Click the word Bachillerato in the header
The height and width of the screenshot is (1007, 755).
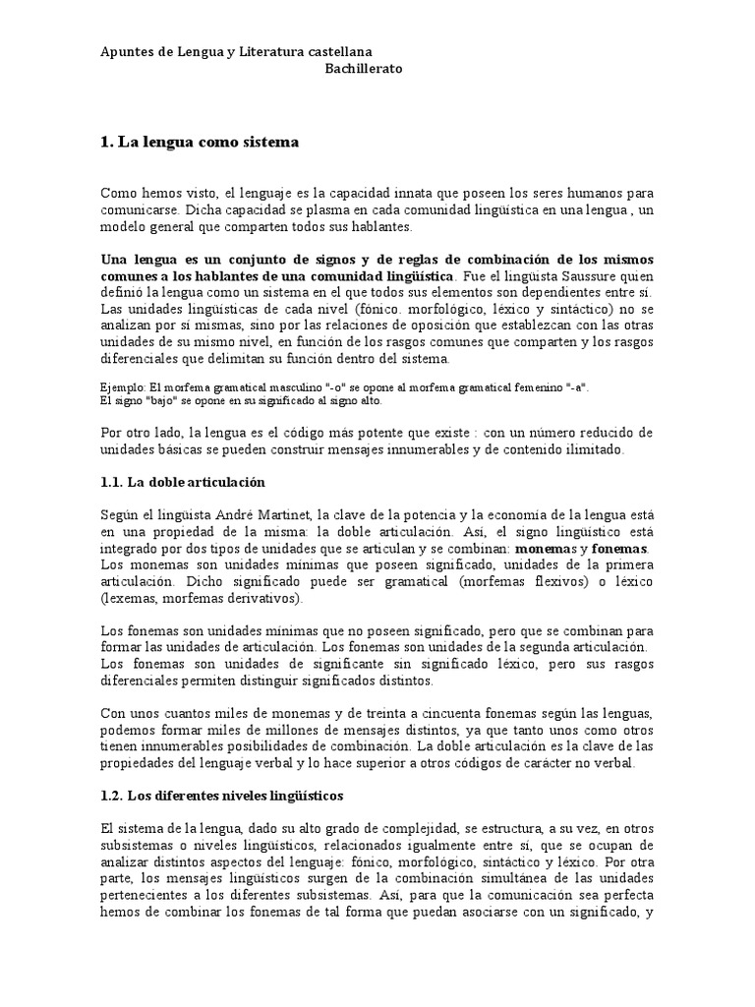click(364, 69)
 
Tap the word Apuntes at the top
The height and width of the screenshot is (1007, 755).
click(128, 50)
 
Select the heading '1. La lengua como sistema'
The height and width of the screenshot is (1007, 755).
click(199, 142)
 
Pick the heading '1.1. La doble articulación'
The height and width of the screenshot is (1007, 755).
click(183, 482)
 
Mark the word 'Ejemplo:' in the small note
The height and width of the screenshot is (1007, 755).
click(124, 387)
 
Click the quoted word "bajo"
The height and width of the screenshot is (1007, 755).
click(152, 400)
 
